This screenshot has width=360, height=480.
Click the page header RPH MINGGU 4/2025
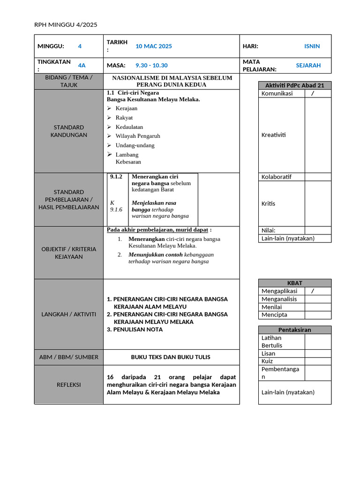[66, 25]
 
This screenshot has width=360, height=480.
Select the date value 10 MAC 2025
[154, 46]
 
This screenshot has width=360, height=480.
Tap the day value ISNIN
[312, 46]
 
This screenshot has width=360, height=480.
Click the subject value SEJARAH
[308, 66]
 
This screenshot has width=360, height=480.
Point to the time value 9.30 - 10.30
[151, 66]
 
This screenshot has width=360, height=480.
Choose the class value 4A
[82, 66]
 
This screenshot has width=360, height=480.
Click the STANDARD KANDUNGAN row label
[69, 131]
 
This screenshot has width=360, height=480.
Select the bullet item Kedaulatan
[129, 127]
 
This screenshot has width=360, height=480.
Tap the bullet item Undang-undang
[135, 145]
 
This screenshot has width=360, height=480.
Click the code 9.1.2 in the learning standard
[116, 177]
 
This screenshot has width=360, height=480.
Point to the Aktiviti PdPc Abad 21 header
[295, 85]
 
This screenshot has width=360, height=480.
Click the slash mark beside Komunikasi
[313, 93]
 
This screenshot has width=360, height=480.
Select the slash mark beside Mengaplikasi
[313, 291]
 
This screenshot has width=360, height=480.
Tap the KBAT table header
[295, 283]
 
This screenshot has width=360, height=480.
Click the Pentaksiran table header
[295, 330]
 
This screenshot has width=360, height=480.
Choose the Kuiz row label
[267, 361]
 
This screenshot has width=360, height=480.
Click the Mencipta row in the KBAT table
[275, 315]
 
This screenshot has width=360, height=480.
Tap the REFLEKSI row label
[69, 384]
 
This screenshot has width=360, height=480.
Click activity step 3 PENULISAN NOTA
[135, 330]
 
